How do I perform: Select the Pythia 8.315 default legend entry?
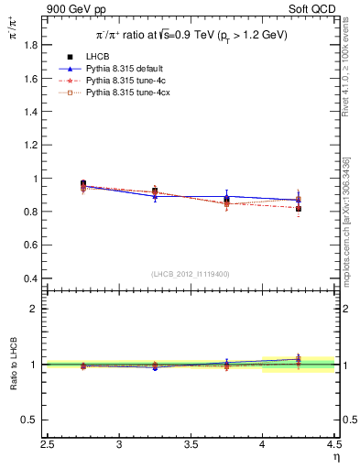pyautogui.click(x=121, y=69)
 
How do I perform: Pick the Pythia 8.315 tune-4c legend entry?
pyautogui.click(x=121, y=81)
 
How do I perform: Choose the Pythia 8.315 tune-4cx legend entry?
pyautogui.click(x=123, y=93)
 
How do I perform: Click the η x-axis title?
pyautogui.click(x=336, y=457)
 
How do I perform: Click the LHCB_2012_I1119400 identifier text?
pyautogui.click(x=191, y=274)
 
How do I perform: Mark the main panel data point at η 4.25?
pyautogui.click(x=298, y=208)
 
